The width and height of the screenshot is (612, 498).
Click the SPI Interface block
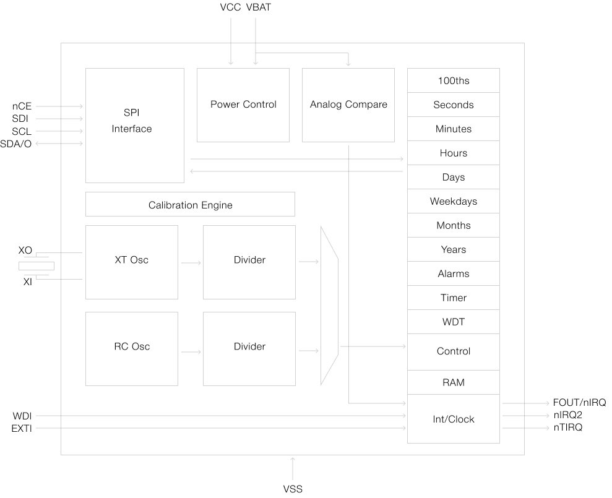point(134,125)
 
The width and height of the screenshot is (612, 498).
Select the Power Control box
point(243,105)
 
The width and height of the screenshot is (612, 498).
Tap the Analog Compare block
point(348,105)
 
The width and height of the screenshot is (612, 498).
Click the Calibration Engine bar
point(190,204)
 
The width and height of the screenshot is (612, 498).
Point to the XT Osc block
point(131,262)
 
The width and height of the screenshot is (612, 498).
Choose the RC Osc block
point(131,348)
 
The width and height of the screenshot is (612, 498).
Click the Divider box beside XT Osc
point(249,262)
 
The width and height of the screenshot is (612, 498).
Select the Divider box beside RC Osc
point(249,348)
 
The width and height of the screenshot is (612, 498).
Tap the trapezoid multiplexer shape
point(329,306)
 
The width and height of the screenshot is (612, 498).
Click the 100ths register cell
point(453,80)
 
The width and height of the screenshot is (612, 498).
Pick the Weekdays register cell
point(453,201)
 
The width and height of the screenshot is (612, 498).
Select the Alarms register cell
point(453,273)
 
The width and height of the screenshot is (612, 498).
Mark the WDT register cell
point(453,322)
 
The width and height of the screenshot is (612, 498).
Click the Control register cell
point(453,351)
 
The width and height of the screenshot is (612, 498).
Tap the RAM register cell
point(453,382)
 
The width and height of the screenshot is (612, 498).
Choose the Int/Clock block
point(453,419)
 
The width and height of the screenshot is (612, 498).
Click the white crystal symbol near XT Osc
point(37,266)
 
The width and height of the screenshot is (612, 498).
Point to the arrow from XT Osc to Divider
point(191,263)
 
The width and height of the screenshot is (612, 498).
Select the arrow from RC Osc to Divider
point(191,352)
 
